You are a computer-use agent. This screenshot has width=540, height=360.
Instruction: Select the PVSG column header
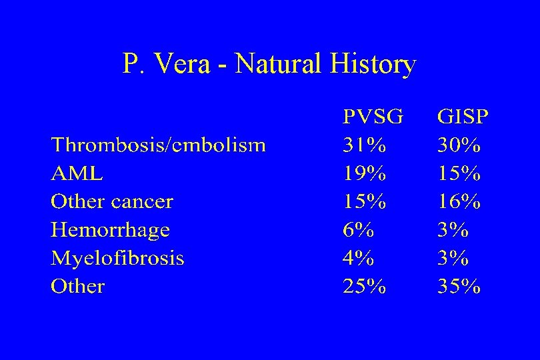[373, 117]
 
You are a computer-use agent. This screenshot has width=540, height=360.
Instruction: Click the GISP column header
[463, 117]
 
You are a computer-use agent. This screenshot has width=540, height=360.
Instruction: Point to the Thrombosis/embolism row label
[159, 145]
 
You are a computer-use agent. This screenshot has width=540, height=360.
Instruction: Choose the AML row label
[77, 174]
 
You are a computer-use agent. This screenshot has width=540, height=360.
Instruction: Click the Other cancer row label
[112, 202]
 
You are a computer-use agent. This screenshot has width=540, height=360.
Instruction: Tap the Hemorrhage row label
[110, 231]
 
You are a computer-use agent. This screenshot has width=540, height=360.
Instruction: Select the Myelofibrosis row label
[117, 259]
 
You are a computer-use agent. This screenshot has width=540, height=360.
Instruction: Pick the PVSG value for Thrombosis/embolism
[364, 145]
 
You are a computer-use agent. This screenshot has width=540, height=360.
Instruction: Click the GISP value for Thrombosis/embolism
[459, 145]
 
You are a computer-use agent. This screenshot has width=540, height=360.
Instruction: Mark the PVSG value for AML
[364, 174]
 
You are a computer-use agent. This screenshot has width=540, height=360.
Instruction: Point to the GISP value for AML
[459, 174]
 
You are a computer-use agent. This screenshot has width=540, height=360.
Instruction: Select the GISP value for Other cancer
[459, 202]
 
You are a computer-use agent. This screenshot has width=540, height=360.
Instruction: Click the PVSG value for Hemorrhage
[359, 231]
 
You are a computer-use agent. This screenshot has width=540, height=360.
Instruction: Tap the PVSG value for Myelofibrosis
[359, 259]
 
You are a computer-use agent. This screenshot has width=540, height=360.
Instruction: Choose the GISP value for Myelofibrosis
[453, 259]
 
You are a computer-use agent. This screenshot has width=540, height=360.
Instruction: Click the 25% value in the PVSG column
[364, 287]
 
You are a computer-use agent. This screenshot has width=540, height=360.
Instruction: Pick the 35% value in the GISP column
[459, 287]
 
